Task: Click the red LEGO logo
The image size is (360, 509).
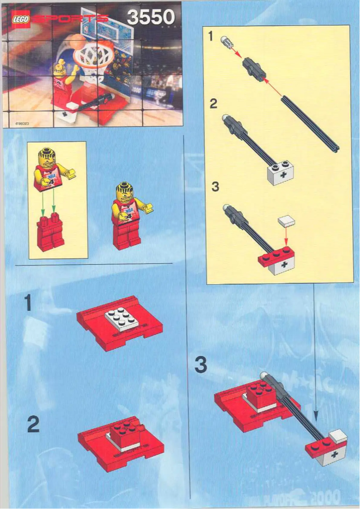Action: click(x=20, y=19)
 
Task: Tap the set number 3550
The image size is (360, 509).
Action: click(x=150, y=17)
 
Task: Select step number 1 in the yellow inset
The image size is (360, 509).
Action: click(x=211, y=37)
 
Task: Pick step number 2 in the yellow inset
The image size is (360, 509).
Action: click(x=214, y=104)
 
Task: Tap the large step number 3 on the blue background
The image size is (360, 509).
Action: click(x=201, y=365)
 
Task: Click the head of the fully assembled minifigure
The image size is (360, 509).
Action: click(x=125, y=191)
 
